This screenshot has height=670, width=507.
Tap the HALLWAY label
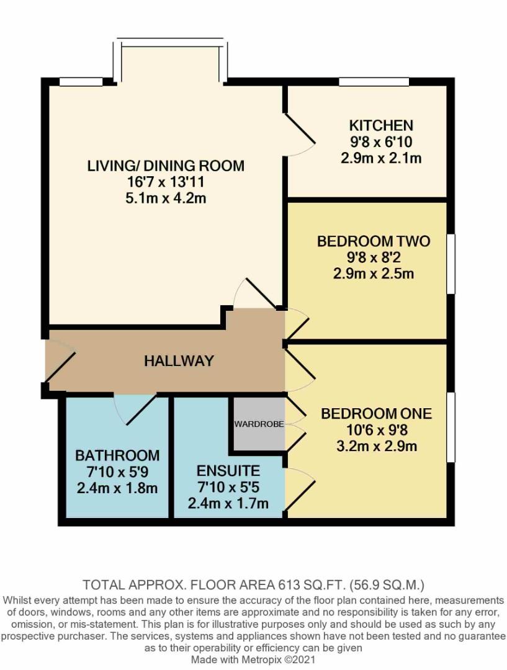[179, 360]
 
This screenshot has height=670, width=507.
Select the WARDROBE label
[259, 424]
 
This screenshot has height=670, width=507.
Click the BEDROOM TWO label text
[374, 241]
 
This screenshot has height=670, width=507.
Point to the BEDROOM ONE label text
[376, 414]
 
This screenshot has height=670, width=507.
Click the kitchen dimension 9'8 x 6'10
[381, 141]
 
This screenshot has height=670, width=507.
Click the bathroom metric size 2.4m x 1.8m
[117, 488]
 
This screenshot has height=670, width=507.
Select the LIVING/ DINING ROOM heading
[166, 166]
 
